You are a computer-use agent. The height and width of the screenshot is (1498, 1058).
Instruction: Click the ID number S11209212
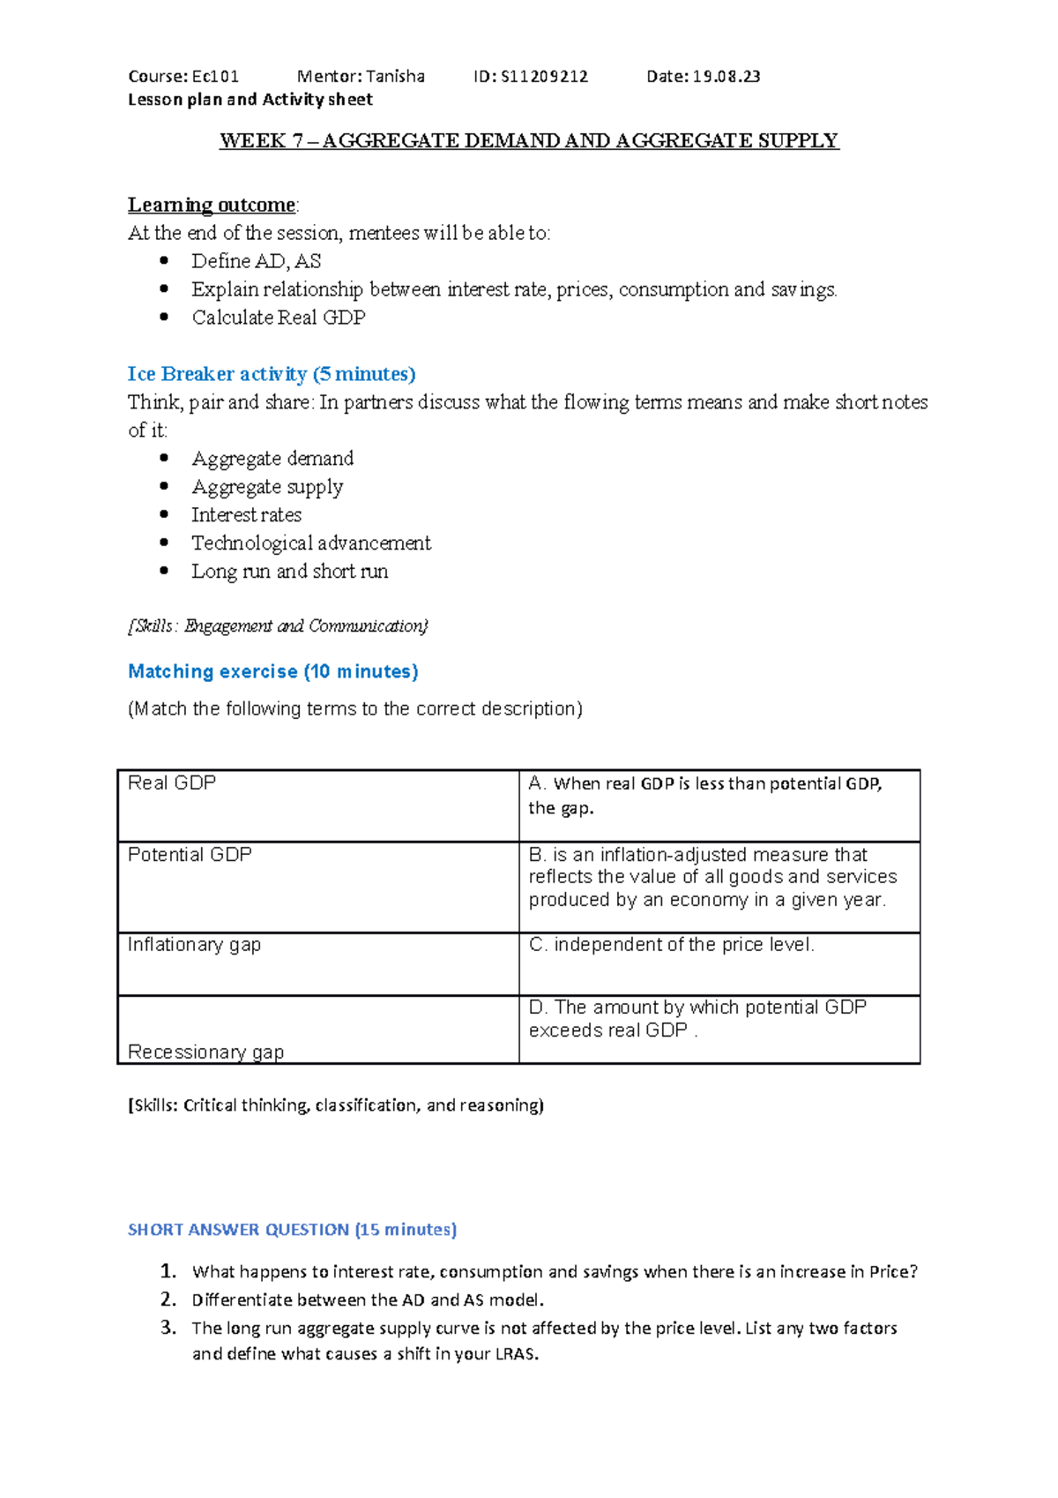(x=544, y=77)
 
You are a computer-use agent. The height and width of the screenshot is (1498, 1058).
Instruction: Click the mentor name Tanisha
(x=395, y=77)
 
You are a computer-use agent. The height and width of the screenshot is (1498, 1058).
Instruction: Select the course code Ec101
(x=215, y=77)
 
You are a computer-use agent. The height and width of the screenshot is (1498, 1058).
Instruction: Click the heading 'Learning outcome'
(x=212, y=205)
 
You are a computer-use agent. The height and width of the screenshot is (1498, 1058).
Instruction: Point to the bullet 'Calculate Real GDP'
(x=278, y=318)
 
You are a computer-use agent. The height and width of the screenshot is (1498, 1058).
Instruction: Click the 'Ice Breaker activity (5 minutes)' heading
(x=272, y=374)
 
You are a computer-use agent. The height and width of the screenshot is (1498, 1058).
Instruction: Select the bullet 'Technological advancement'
(x=310, y=543)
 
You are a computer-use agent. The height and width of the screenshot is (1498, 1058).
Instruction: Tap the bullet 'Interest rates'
(x=246, y=515)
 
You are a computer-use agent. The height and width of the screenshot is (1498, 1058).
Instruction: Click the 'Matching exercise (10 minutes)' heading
(x=273, y=671)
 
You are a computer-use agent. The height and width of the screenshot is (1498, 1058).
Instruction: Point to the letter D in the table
(x=536, y=1007)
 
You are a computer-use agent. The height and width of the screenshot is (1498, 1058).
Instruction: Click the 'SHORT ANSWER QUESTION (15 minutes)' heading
(x=292, y=1230)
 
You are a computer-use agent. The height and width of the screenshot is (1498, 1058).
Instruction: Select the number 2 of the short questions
(x=168, y=1300)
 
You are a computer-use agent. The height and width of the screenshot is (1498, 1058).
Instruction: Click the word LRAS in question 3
(x=516, y=1354)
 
